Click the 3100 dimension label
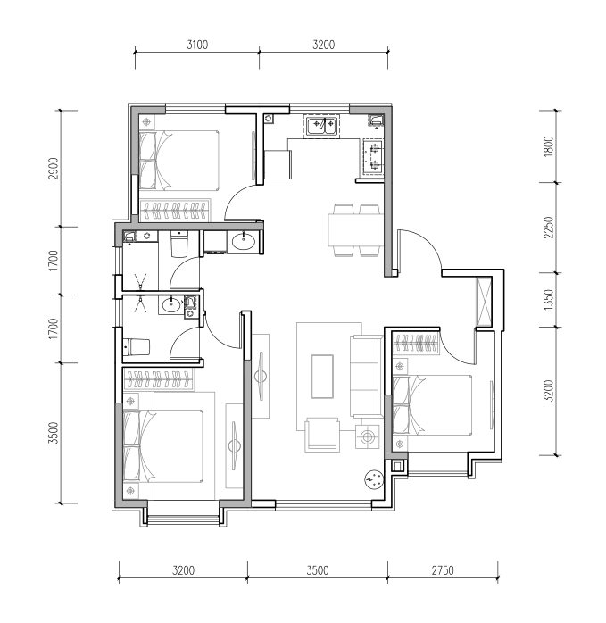click(197, 45)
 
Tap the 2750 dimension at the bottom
click(443, 570)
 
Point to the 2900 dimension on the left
click(54, 169)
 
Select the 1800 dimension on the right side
click(548, 146)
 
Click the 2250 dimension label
click(548, 228)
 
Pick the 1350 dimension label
click(548, 300)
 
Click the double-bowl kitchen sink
click(323, 126)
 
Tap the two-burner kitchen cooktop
click(374, 156)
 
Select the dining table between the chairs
click(355, 229)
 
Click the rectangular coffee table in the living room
click(322, 377)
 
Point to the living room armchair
click(322, 435)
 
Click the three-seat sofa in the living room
click(367, 377)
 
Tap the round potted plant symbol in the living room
click(374, 479)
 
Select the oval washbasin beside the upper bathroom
click(244, 242)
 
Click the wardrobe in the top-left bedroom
click(175, 210)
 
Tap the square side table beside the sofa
click(367, 436)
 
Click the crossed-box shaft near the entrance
click(485, 302)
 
